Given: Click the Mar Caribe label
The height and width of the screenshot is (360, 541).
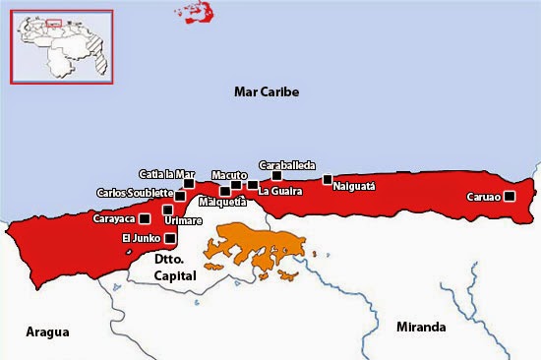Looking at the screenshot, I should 266,92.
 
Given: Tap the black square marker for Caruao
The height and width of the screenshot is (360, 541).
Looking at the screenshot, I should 510,197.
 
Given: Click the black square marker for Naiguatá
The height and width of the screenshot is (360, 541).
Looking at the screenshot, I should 328,179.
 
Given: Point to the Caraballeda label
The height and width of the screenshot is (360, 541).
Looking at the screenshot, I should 286,165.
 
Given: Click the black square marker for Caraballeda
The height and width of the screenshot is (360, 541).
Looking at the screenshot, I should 276,176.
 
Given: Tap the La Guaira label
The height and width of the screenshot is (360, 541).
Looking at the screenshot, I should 280,191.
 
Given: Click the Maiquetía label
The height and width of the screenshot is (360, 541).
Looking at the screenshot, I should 222,203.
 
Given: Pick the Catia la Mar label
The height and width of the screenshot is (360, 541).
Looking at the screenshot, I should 166,173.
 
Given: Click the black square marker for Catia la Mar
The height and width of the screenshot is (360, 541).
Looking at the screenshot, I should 189,183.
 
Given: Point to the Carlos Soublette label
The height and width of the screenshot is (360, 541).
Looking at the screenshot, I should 135,193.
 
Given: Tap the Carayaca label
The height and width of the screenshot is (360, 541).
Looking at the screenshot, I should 114,218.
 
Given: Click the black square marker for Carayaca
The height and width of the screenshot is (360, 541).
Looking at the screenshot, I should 145,218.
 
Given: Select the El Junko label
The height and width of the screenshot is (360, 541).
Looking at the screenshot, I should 141,238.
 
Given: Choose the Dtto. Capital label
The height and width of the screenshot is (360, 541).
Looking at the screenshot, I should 176,269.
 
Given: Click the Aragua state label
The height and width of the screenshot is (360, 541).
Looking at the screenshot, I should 47,332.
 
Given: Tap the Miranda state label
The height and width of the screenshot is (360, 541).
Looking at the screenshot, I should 420,328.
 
